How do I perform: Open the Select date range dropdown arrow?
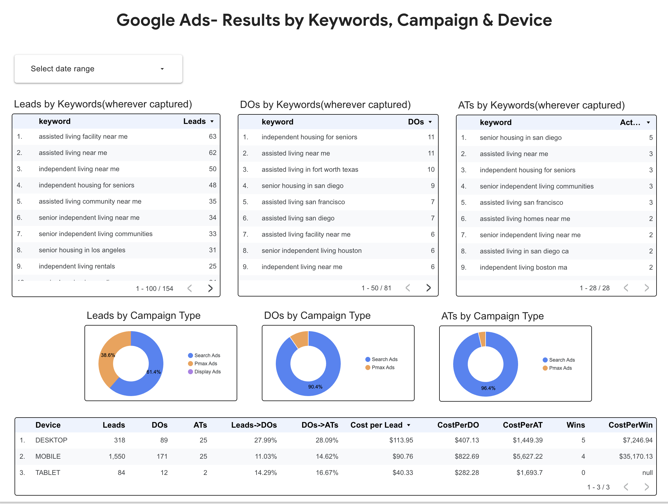[x=162, y=69]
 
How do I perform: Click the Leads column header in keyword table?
[x=194, y=121]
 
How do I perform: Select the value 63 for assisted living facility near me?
[x=212, y=136]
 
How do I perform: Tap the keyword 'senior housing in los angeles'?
[x=82, y=250]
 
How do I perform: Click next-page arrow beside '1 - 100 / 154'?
[x=210, y=288]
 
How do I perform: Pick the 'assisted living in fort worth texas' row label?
[x=310, y=169]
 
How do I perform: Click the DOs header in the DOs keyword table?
[x=416, y=122]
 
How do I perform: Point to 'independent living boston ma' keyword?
[x=523, y=267]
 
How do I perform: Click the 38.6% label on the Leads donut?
[x=108, y=355]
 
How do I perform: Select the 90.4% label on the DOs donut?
[x=315, y=387]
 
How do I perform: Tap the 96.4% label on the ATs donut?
[x=488, y=388]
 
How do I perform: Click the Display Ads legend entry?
[x=207, y=372]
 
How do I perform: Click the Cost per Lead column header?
[x=376, y=425]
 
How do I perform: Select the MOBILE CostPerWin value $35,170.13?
[x=636, y=456]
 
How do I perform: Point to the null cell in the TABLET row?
[x=647, y=473]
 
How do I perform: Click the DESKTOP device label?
[x=51, y=440]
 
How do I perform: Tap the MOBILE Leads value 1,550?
[x=117, y=456]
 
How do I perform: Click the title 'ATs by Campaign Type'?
[x=492, y=316]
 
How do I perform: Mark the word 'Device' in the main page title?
[x=524, y=20]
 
